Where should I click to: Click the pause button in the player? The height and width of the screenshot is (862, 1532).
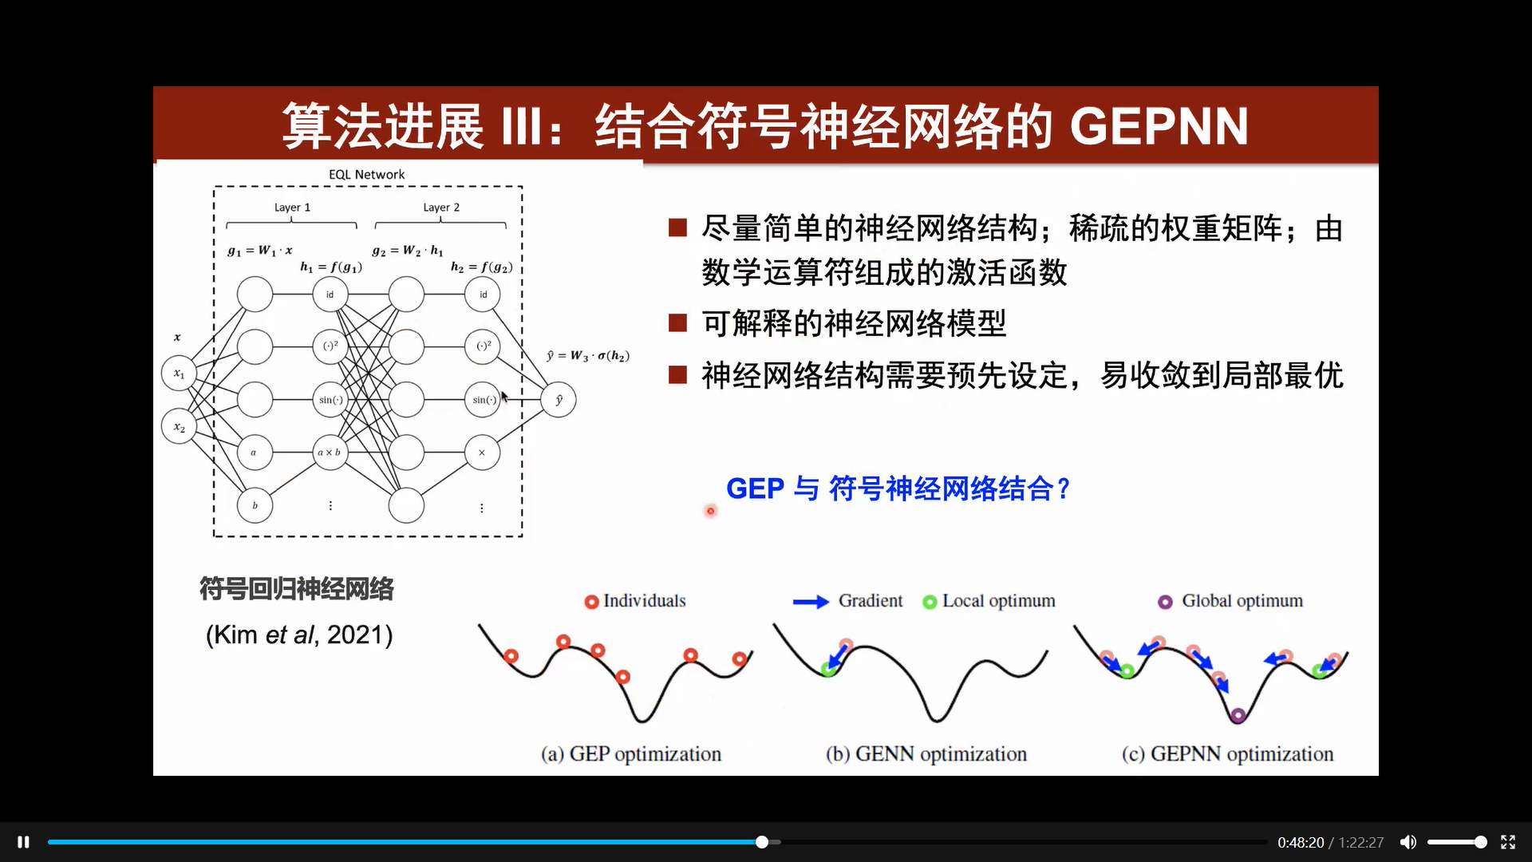click(x=23, y=842)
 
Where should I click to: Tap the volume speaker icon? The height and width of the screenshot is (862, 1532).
click(x=1408, y=842)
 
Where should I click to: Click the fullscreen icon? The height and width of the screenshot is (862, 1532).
click(x=1508, y=842)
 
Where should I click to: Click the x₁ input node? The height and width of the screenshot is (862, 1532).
click(x=179, y=374)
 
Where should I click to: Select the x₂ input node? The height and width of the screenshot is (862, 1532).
click(x=179, y=427)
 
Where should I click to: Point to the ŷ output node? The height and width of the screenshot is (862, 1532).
click(x=559, y=400)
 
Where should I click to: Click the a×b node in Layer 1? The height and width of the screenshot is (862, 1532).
click(x=330, y=453)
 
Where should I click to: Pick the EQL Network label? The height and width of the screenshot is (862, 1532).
click(x=366, y=174)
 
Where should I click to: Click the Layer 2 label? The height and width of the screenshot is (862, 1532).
click(x=441, y=208)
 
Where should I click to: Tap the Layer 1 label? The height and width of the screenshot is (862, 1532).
click(x=292, y=208)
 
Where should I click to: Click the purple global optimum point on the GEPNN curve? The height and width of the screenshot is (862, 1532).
click(x=1238, y=715)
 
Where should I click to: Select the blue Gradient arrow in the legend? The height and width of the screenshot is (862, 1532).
click(x=811, y=602)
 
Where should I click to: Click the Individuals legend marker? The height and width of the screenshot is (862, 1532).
click(x=591, y=602)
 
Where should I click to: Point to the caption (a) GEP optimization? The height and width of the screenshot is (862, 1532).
click(x=631, y=754)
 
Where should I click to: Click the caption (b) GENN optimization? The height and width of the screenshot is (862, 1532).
click(x=926, y=754)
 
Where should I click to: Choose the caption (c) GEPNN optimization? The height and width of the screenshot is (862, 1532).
click(x=1227, y=754)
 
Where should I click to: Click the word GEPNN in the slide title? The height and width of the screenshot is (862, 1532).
click(x=1159, y=126)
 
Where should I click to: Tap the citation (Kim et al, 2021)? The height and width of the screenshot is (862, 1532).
click(x=299, y=635)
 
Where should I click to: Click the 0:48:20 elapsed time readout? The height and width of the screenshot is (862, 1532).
click(x=1301, y=843)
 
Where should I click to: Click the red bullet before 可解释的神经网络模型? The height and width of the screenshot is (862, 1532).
click(x=677, y=323)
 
